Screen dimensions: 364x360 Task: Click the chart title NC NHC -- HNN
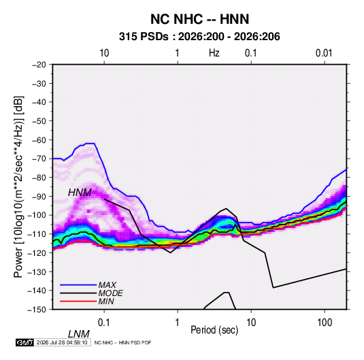click(199, 19)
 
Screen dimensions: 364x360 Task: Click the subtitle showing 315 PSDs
click(199, 37)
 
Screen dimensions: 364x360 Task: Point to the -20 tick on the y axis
click(39, 65)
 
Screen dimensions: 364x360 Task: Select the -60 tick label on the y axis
click(39, 140)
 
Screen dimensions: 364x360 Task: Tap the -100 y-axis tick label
click(37, 215)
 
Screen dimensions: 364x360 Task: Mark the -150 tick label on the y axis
click(37, 310)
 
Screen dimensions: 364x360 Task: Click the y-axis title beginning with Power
click(18, 187)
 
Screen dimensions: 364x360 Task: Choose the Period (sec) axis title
click(214, 330)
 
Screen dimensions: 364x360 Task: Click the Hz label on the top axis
click(214, 53)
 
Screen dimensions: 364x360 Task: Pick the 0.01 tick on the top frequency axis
click(324, 53)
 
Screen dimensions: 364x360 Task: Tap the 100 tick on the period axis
click(325, 323)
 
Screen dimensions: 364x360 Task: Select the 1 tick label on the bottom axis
click(178, 323)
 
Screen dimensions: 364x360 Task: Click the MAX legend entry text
click(107, 284)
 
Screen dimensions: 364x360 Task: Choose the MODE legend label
click(110, 293)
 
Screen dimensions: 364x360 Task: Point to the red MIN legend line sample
click(78, 301)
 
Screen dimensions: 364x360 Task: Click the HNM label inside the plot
click(80, 193)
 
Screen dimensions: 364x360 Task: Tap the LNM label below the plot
click(78, 334)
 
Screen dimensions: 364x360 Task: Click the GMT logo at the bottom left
click(25, 342)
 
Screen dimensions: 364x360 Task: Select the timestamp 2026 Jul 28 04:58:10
click(62, 342)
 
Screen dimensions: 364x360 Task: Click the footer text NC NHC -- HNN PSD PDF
click(122, 342)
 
